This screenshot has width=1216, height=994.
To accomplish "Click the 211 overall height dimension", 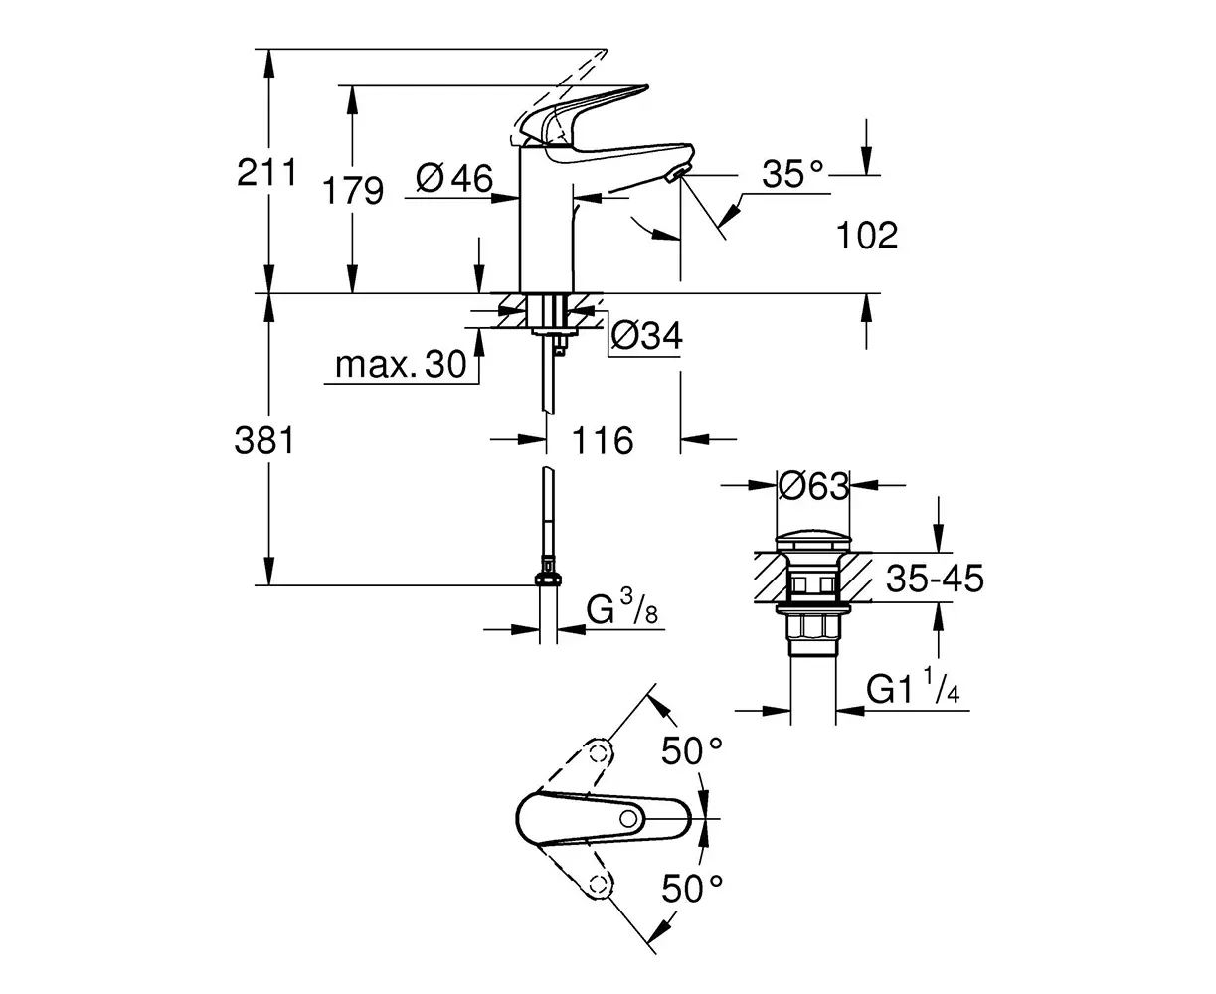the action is pyautogui.click(x=266, y=172).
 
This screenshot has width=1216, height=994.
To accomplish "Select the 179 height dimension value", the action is pyautogui.click(x=353, y=190).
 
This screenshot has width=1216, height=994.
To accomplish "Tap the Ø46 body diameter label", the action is pyautogui.click(x=454, y=178).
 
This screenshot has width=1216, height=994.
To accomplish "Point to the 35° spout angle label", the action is pyautogui.click(x=792, y=174).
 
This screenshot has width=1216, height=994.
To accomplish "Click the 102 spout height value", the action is pyautogui.click(x=867, y=235).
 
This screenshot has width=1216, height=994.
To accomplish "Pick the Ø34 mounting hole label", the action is pyautogui.click(x=646, y=335).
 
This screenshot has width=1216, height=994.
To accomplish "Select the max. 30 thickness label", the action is pyautogui.click(x=401, y=365).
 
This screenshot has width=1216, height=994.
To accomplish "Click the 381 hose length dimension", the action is pyautogui.click(x=264, y=440).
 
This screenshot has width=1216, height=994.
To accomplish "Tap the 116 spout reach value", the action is pyautogui.click(x=603, y=440).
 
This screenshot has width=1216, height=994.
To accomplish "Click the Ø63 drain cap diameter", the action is pyautogui.click(x=813, y=485).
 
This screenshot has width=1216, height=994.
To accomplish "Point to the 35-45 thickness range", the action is pyautogui.click(x=935, y=579).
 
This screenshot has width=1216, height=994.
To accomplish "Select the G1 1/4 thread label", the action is pyautogui.click(x=913, y=686).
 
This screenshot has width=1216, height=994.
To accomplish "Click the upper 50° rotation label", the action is pyautogui.click(x=692, y=750).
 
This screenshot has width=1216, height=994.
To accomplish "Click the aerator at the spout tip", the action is pyautogui.click(x=676, y=174).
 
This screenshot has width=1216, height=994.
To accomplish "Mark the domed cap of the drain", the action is pyautogui.click(x=813, y=543).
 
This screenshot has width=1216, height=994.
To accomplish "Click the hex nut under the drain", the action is pyautogui.click(x=813, y=628).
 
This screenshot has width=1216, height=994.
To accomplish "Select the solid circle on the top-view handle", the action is pyautogui.click(x=628, y=818).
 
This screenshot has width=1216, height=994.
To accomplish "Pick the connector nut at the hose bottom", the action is pyautogui.click(x=548, y=579).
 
